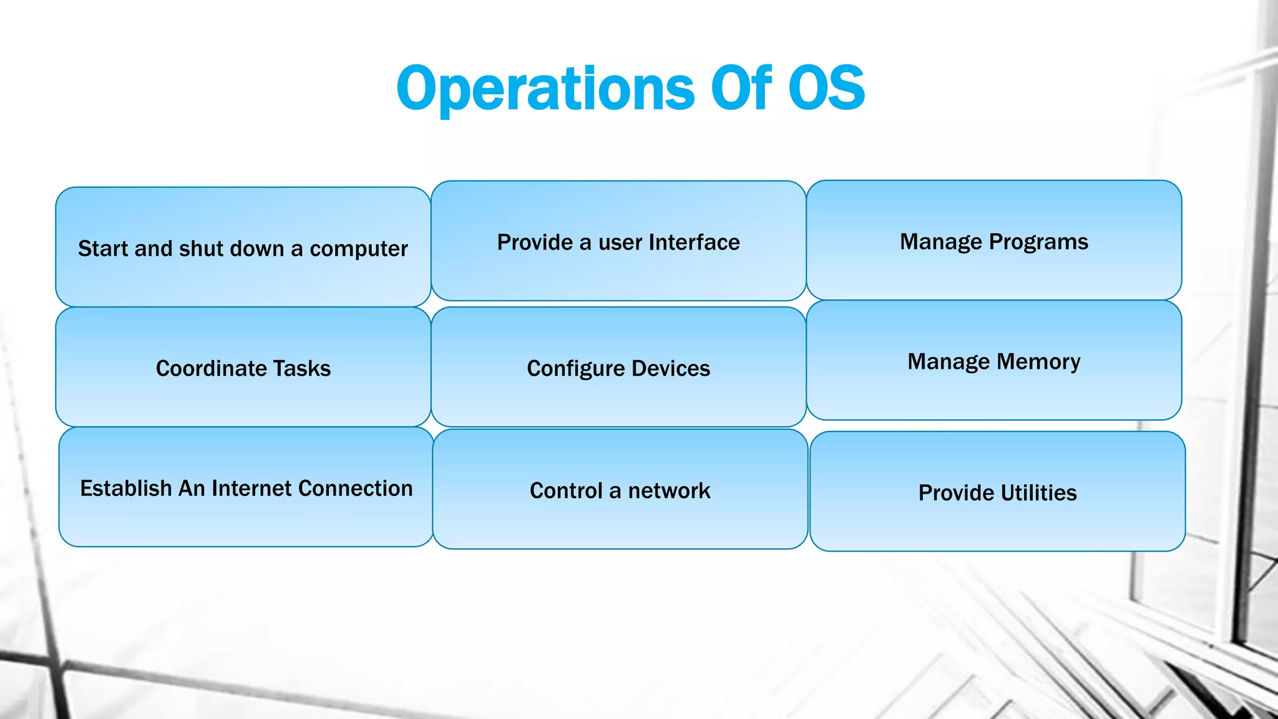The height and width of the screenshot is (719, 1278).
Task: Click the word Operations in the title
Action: pyautogui.click(x=545, y=89)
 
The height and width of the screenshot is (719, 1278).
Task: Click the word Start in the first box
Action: pyautogui.click(x=103, y=248)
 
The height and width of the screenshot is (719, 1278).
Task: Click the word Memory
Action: pyautogui.click(x=1038, y=362)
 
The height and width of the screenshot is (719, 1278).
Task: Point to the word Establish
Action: pyautogui.click(x=125, y=488)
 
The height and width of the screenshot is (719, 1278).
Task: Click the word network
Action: pyautogui.click(x=669, y=491)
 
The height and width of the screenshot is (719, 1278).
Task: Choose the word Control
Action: pyautogui.click(x=566, y=491)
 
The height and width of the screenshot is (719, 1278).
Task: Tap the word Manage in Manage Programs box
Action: pyautogui.click(x=941, y=242)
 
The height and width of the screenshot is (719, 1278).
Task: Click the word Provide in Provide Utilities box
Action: pyautogui.click(x=955, y=493)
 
